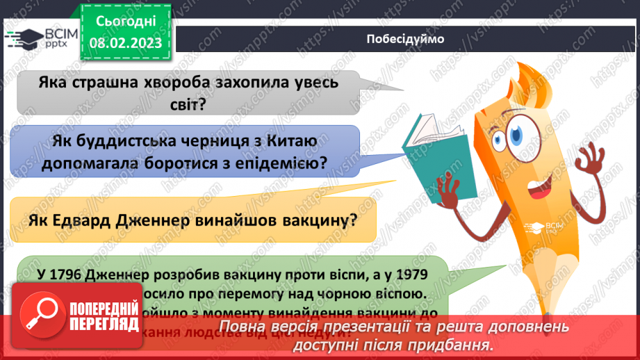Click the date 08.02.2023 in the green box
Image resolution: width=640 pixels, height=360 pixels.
click(125, 42)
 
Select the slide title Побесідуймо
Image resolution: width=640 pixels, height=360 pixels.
click(404, 39)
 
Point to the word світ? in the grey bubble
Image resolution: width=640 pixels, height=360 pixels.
click(188, 106)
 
